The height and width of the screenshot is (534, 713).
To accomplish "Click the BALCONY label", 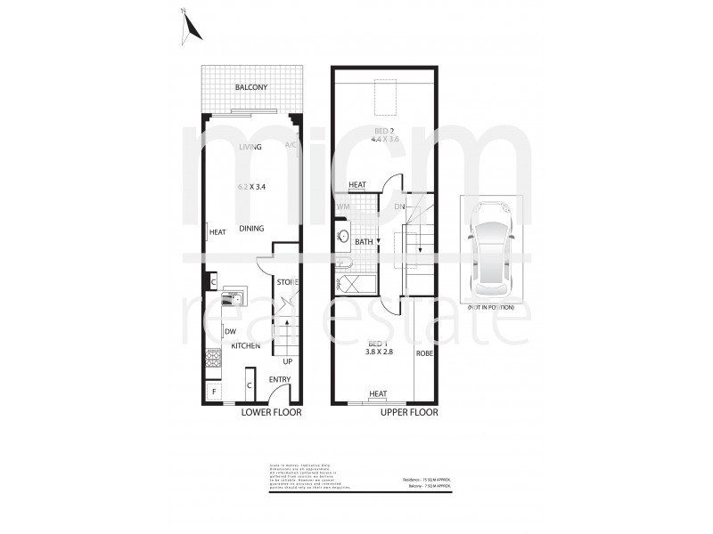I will [x=251, y=87].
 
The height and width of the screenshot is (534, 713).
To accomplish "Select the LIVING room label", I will [x=250, y=147].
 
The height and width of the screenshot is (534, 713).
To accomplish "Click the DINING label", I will [x=251, y=229].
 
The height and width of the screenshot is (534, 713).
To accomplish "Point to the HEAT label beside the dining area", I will [x=217, y=233].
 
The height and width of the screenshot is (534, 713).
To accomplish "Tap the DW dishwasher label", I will [x=230, y=332].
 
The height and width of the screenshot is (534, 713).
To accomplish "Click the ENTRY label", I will [x=280, y=380].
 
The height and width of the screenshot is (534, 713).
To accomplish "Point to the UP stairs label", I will [x=287, y=361].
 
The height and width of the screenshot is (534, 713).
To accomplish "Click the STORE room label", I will [x=286, y=282].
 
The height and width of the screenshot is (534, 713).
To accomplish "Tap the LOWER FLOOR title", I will [x=271, y=413].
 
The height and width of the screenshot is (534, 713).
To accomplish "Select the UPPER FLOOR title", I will [x=410, y=413].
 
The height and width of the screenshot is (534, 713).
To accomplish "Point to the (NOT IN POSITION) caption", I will [x=490, y=307].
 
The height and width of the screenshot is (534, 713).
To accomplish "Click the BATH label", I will [x=364, y=241].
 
